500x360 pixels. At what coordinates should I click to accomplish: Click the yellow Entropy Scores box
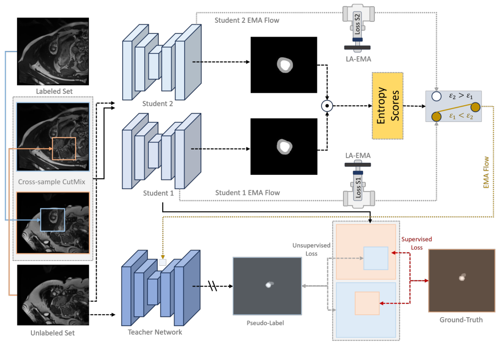[x=388, y=106]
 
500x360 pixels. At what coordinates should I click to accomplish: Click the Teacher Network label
[x=155, y=332]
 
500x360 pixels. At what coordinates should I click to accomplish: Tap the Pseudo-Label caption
[x=267, y=323]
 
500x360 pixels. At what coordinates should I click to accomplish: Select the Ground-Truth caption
[x=461, y=320]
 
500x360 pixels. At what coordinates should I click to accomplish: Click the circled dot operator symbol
[x=327, y=106]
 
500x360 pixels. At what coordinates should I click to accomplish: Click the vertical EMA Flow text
[x=486, y=171]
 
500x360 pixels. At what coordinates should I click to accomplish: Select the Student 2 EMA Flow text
[x=246, y=20]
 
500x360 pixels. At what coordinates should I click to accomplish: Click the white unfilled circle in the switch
[x=435, y=96]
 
